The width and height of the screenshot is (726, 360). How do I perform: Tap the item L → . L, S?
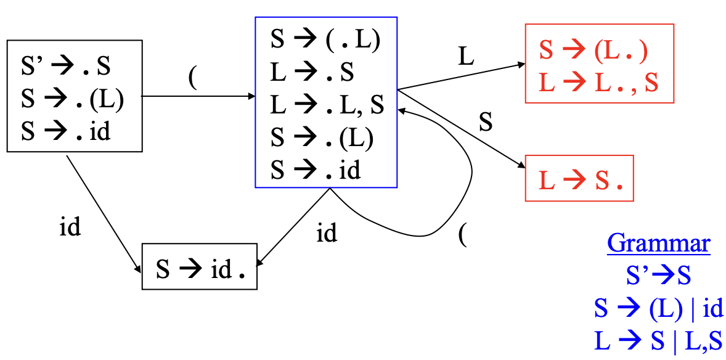coord(327,105)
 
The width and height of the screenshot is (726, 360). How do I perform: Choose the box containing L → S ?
coord(579,179)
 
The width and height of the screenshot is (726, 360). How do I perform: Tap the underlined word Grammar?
coord(658,244)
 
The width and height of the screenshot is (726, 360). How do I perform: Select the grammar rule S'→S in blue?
coord(658,275)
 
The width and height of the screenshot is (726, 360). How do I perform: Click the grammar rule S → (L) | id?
coord(658,308)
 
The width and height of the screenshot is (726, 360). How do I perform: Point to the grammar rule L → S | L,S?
coord(658,340)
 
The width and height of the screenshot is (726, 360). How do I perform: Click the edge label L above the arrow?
coord(467,57)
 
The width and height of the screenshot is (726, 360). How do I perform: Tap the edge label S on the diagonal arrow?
coord(486,123)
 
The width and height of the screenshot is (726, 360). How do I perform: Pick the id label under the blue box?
coord(327,234)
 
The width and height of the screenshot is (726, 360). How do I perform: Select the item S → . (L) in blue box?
coord(322,138)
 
